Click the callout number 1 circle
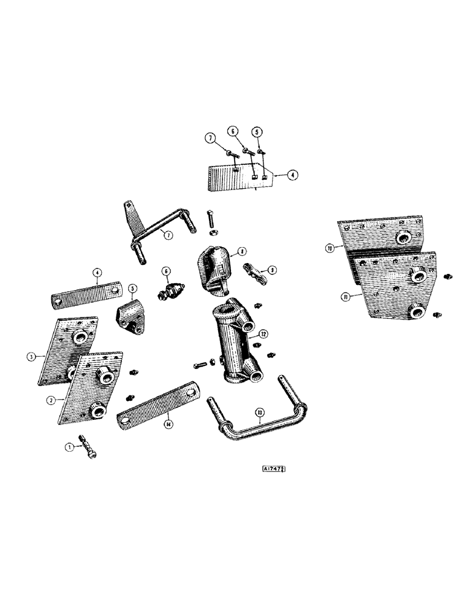tap(69, 447)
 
